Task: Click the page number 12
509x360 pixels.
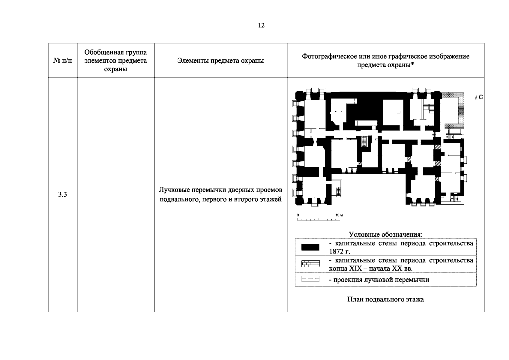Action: [x=261, y=25]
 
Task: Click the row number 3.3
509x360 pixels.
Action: [x=62, y=194]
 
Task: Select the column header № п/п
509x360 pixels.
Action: [x=62, y=61]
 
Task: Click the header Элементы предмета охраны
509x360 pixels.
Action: [x=220, y=61]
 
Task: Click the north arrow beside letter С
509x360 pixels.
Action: [x=476, y=106]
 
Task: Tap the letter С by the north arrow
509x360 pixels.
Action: [x=481, y=97]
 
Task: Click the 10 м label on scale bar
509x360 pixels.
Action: [x=339, y=215]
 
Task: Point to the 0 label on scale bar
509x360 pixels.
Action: [x=298, y=215]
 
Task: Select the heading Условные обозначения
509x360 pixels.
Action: [x=386, y=234]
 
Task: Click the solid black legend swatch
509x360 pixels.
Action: [x=310, y=247]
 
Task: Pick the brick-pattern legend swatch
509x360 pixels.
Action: [x=310, y=264]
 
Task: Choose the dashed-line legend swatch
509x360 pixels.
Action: [x=310, y=279]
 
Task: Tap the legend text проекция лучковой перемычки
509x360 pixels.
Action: [x=381, y=280]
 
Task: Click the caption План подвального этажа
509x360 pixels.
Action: [x=386, y=299]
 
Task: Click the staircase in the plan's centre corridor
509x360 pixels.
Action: [x=364, y=141]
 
